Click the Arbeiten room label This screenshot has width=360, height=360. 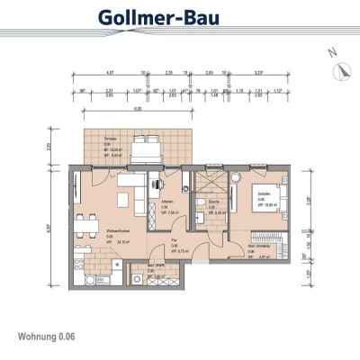pyautogui.click(x=166, y=203)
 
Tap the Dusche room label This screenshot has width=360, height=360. pyautogui.click(x=213, y=209)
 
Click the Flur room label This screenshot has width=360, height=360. pyautogui.click(x=174, y=247)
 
